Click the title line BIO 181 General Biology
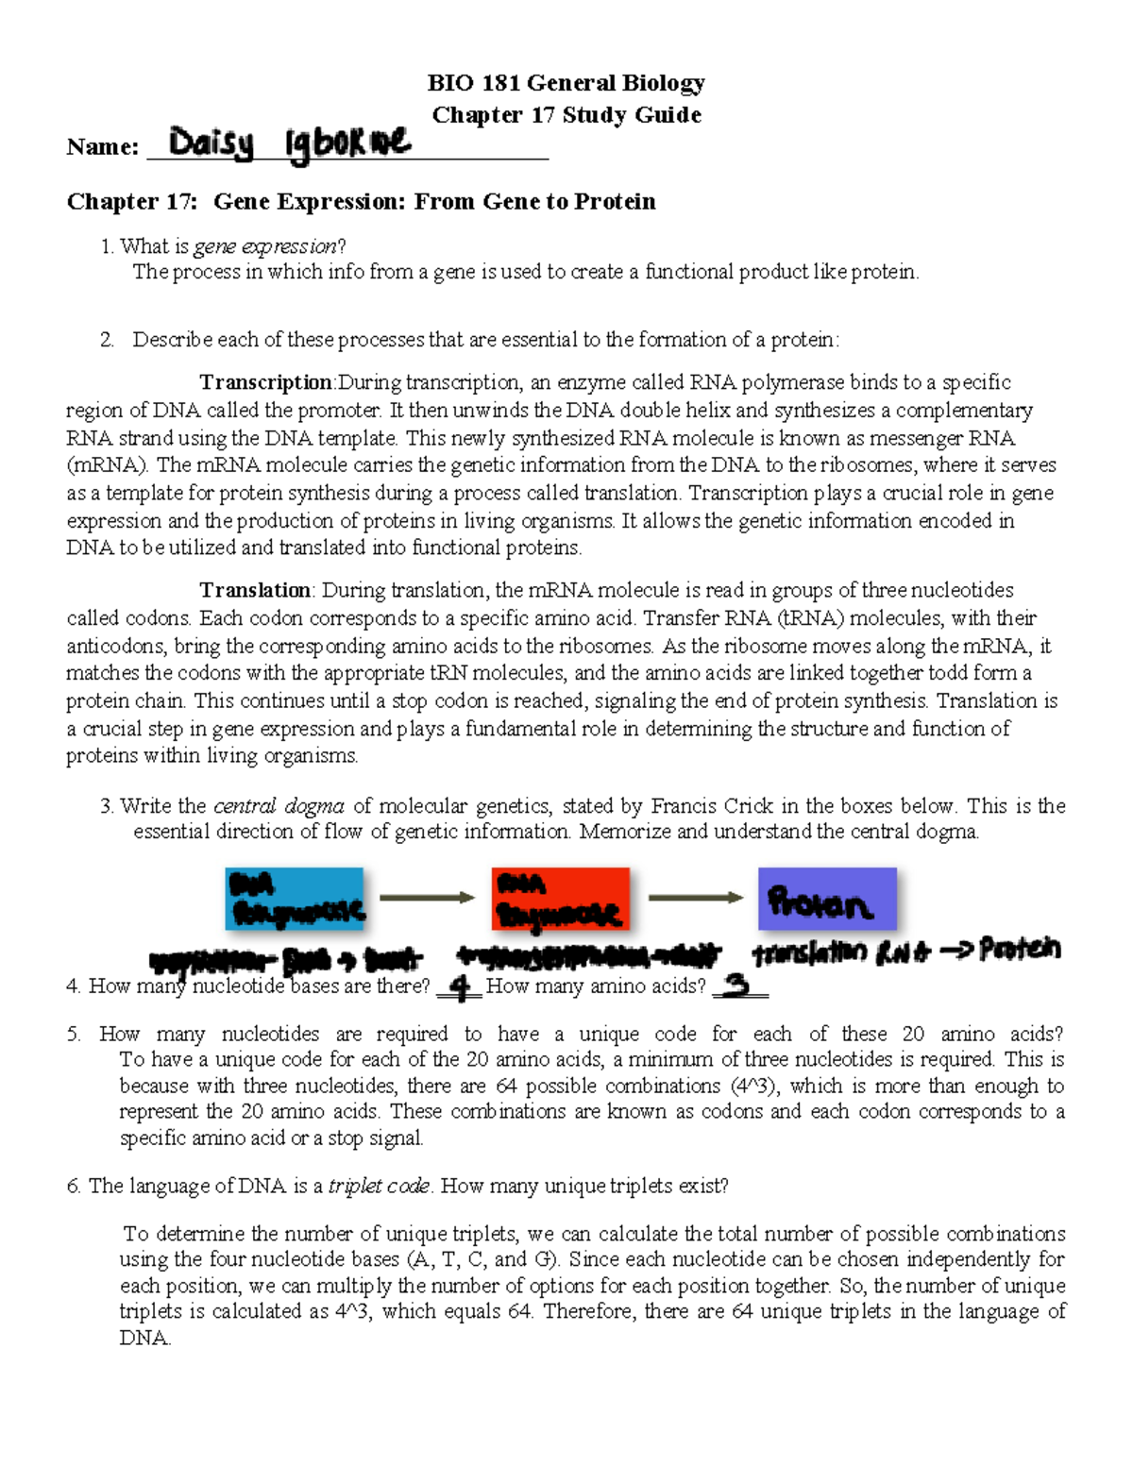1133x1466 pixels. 566,83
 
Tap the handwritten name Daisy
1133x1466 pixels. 211,144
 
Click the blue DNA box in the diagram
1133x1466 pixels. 295,899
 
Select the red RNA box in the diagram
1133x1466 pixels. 560,899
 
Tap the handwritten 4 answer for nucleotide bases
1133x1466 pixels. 460,987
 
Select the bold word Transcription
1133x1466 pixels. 265,382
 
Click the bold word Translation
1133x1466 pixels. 255,591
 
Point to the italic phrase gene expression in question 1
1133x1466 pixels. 265,246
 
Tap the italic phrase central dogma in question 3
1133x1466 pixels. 279,806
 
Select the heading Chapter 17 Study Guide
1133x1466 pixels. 566,115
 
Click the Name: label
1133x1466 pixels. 102,147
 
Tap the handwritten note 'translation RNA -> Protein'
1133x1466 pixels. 906,952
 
